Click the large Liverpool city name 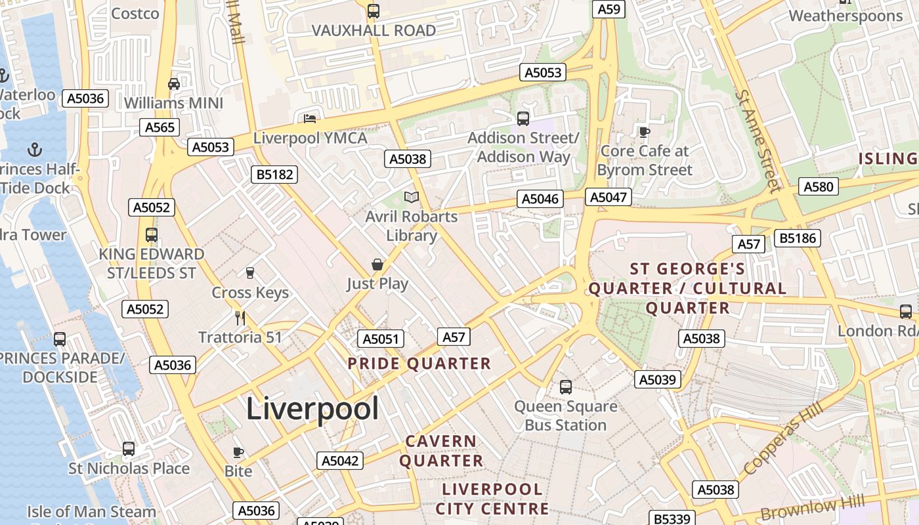pos(312,409)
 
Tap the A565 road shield pos(160,127)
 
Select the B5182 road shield pos(274,175)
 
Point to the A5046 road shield pos(541,199)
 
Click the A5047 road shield pos(610,197)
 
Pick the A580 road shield pos(819,187)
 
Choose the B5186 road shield pos(798,238)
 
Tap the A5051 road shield pos(381,339)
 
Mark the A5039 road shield pos(658,379)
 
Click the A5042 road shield pos(340,461)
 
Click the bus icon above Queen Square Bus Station pos(566,387)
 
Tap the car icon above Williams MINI pos(174,84)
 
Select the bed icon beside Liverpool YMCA pos(310,119)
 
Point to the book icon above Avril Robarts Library pos(412,197)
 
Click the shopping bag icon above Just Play pos(377,264)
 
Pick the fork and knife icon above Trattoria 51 pos(240,318)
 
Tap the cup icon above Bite pos(238,452)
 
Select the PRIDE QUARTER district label pos(419,364)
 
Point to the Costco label pos(135,14)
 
